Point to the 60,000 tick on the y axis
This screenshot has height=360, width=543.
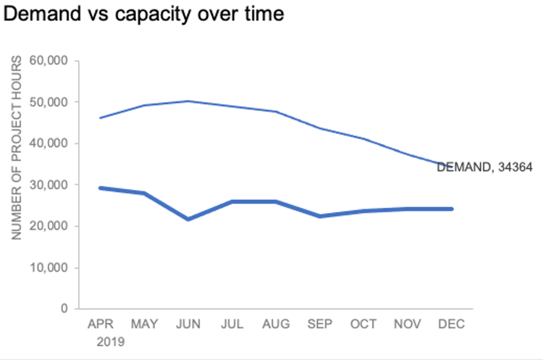point(49,61)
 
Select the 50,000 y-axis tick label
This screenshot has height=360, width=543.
point(49,102)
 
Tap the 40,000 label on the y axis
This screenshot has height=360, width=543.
point(49,143)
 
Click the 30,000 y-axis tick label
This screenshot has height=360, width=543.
point(49,185)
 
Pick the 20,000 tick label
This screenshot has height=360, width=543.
point(49,226)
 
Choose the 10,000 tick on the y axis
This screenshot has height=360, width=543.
point(49,267)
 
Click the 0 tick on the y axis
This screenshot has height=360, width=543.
point(64,309)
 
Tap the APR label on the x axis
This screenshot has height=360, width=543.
point(100,323)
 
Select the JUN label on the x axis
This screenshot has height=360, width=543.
point(188,323)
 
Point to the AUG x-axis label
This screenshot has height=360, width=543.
point(276,323)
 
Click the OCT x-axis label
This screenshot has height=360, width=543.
point(363,323)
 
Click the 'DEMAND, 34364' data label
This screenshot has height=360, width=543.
point(484,167)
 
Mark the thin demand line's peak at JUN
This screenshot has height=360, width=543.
point(188,101)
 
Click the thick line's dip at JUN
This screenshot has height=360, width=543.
point(188,219)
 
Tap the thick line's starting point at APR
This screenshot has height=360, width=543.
point(100,188)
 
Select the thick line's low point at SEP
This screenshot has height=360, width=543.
point(320,216)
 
